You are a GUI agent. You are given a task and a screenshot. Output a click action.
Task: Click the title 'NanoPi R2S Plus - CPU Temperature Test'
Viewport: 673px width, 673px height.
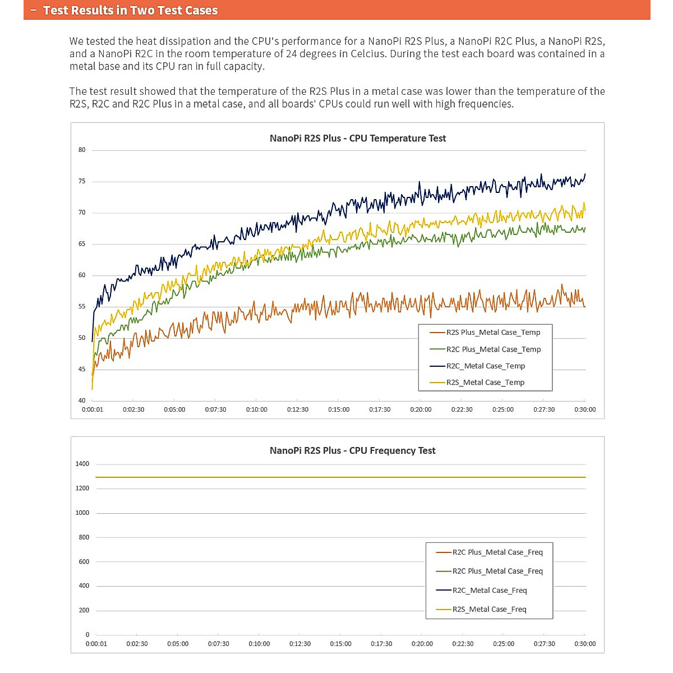(358, 139)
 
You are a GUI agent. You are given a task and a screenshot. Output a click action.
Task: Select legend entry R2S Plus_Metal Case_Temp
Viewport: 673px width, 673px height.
(493, 333)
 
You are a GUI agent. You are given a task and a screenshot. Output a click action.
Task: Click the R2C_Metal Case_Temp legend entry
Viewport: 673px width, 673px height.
(485, 366)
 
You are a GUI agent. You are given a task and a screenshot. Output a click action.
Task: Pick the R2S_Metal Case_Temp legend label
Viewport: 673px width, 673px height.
(485, 382)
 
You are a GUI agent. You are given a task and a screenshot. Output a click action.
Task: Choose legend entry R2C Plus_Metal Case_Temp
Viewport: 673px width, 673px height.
(494, 349)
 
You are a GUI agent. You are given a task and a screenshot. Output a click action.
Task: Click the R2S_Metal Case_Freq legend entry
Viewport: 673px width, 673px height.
(489, 610)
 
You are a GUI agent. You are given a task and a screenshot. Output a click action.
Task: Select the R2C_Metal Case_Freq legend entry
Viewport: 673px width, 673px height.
(490, 591)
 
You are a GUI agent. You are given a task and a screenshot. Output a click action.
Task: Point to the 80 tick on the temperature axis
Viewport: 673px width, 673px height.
(82, 150)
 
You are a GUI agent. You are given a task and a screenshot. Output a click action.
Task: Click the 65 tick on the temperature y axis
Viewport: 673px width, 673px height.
(82, 244)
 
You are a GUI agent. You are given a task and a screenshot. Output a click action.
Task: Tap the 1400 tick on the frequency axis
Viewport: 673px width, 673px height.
(82, 464)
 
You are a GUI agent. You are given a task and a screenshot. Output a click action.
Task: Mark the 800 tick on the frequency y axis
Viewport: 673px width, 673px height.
(84, 537)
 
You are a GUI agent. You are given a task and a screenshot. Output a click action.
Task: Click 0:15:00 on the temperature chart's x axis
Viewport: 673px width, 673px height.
(339, 409)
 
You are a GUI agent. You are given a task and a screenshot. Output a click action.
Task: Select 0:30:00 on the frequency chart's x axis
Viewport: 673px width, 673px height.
(585, 644)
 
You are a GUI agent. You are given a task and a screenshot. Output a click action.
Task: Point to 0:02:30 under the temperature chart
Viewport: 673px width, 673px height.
(133, 409)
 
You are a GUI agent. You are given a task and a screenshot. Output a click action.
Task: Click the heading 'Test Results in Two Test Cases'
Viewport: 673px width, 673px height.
(130, 10)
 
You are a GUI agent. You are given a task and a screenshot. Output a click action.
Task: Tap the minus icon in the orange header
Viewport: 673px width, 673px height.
(33, 10)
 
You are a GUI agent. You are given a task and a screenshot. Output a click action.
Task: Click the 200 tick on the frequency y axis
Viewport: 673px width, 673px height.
(84, 610)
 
